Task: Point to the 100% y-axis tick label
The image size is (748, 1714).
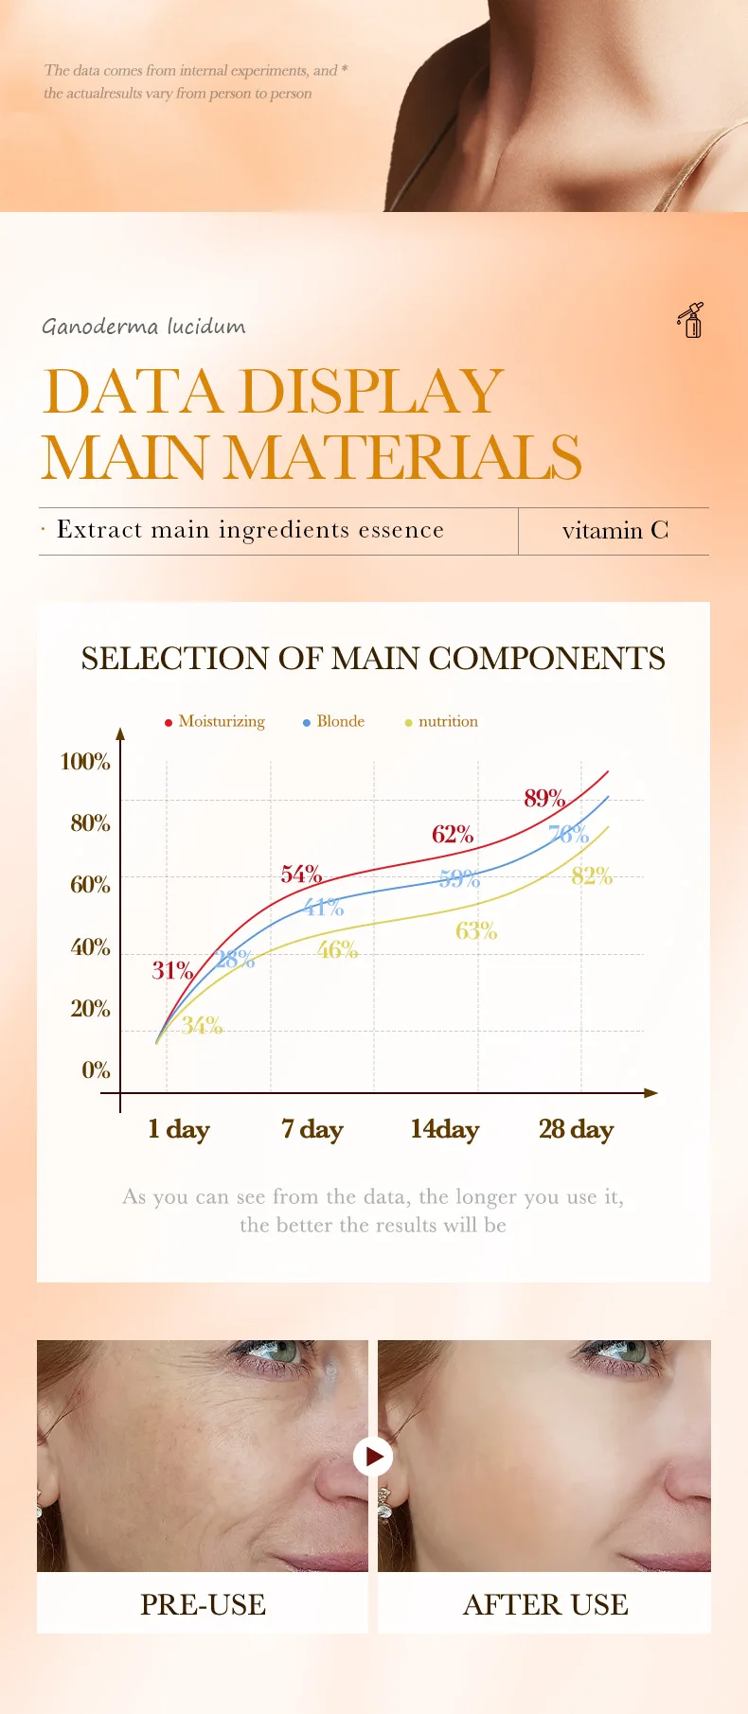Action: [85, 762]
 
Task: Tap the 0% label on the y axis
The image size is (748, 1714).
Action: [96, 1070]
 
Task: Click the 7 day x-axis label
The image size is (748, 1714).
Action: [312, 1129]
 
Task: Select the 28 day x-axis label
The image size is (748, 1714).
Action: [576, 1129]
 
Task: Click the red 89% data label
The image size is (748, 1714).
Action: [544, 798]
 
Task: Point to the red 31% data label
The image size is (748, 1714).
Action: [172, 970]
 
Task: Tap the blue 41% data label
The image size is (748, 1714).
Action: [323, 908]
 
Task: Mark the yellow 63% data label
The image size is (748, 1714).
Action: [475, 931]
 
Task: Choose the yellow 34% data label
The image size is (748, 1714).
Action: [202, 1025]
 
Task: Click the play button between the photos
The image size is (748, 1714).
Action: [373, 1456]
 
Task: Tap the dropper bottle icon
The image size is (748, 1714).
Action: [691, 321]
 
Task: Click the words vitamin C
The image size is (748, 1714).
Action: [614, 531]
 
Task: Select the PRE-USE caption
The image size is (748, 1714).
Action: [203, 1604]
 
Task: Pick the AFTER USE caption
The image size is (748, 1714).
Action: [544, 1604]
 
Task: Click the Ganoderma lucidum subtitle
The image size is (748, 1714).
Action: [143, 327]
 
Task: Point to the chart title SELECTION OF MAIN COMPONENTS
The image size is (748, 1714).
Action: [373, 659]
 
